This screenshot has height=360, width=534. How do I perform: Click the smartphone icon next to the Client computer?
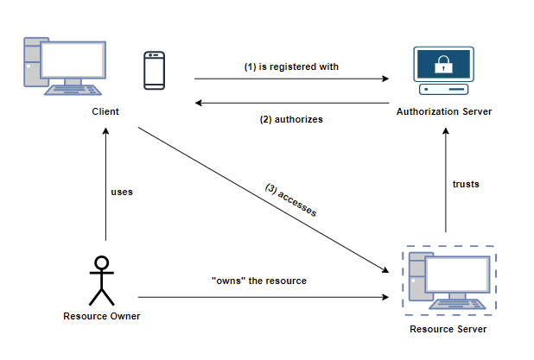tap(155, 70)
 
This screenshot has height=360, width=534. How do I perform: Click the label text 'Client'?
tap(105, 112)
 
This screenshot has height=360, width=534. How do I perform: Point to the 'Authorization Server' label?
tap(444, 112)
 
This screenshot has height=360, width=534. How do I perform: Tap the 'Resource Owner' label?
tap(102, 316)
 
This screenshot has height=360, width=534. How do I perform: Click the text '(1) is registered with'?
tap(290, 66)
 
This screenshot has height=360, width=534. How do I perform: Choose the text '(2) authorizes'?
tap(291, 119)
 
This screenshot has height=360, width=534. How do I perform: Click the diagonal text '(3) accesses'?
tap(292, 201)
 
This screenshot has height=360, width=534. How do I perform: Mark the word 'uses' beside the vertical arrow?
tap(122, 192)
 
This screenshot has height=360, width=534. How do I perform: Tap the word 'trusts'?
tap(466, 184)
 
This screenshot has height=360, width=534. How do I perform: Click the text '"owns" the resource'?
tap(258, 281)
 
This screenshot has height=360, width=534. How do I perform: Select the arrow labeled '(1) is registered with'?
tap(290, 79)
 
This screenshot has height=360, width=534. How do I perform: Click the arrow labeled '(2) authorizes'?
tap(290, 103)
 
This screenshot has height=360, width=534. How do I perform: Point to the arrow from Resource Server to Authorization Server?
tap(446, 181)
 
